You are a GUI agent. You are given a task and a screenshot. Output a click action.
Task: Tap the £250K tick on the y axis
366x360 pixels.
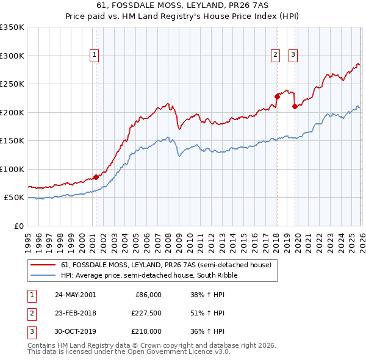coord(12,84)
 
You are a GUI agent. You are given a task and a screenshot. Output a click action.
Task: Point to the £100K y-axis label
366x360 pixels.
coord(12,169)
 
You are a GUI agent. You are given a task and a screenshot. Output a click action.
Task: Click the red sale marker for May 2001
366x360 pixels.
coord(96,177)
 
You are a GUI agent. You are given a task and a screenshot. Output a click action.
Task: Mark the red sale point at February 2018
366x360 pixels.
coord(276,96)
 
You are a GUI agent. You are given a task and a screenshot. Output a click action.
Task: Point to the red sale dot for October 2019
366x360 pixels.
coord(295,106)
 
